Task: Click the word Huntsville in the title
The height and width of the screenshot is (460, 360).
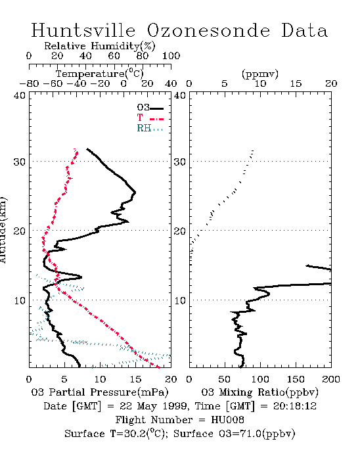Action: [83, 30]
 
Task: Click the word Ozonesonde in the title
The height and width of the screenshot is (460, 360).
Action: [208, 30]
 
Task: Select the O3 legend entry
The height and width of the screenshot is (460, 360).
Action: [150, 108]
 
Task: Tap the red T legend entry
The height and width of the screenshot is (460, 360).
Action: [150, 118]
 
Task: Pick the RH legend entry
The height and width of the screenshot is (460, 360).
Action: [150, 128]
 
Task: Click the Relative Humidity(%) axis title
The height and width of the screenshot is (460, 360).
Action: [100, 46]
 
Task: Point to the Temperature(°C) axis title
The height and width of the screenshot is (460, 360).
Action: [100, 74]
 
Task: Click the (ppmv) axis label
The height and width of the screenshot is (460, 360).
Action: [260, 74]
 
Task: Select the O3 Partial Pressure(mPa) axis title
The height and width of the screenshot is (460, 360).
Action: [100, 392]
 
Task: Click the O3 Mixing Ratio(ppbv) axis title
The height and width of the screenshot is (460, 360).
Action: [259, 392]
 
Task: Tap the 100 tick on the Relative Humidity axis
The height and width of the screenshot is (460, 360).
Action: [171, 56]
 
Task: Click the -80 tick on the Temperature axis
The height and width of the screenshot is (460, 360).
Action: [29, 84]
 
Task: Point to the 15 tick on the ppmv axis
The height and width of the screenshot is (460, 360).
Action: [296, 84]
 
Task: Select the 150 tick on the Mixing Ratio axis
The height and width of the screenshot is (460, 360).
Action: [296, 379]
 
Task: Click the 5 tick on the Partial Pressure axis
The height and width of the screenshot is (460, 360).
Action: [64, 379]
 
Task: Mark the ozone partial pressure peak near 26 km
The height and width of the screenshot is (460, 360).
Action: [135, 193]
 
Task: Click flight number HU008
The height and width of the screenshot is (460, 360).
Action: [227, 420]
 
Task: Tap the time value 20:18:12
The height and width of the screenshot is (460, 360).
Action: [295, 406]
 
